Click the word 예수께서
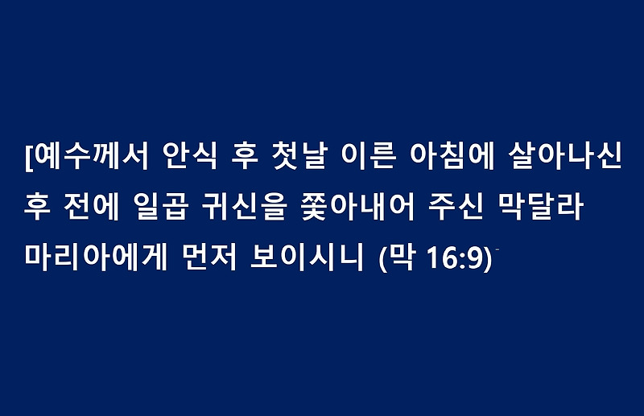point(90,156)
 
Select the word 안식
point(189,156)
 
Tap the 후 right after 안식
point(245,156)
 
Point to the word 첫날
point(299,156)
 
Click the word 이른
point(369,156)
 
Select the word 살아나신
point(565,156)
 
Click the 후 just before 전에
point(37,207)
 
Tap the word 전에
point(92,207)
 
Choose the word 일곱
point(162,207)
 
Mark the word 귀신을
point(244,207)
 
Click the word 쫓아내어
point(357,207)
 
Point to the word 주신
point(456,207)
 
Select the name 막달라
point(540,207)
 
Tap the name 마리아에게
point(96,257)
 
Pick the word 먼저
point(209,257)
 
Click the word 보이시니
point(308,257)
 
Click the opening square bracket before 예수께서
point(28,157)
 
